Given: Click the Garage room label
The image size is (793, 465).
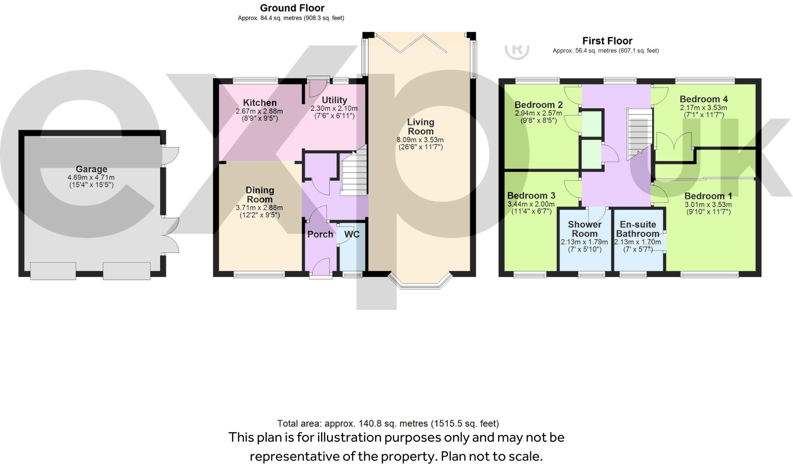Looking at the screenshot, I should [x=91, y=169].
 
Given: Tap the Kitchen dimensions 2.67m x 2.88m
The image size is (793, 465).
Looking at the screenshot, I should [x=259, y=111].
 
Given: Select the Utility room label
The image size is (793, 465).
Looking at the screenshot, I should [x=334, y=100].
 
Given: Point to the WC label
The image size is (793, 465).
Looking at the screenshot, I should [x=351, y=234].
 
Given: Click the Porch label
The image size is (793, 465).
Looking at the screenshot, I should [x=320, y=234].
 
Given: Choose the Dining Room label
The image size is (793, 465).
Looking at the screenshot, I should [x=260, y=195].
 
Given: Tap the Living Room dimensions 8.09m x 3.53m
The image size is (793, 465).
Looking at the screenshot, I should [x=420, y=140].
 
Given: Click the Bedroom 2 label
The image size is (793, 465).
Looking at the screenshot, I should [x=538, y=105].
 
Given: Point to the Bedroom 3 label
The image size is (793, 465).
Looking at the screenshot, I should [x=531, y=196].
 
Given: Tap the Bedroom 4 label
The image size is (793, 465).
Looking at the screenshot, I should [x=703, y=100].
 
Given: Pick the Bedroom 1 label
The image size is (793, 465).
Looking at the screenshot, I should [x=708, y=196].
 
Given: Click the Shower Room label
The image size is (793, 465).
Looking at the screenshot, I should [x=584, y=229].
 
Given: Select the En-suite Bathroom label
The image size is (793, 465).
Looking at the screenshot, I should [x=637, y=229].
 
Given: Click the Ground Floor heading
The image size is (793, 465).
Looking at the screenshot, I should [x=292, y=8].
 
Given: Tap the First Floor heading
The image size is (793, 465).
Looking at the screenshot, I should [x=607, y=41].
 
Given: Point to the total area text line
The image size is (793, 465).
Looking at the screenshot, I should [x=388, y=423].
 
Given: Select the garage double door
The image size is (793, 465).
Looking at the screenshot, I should [x=170, y=236].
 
